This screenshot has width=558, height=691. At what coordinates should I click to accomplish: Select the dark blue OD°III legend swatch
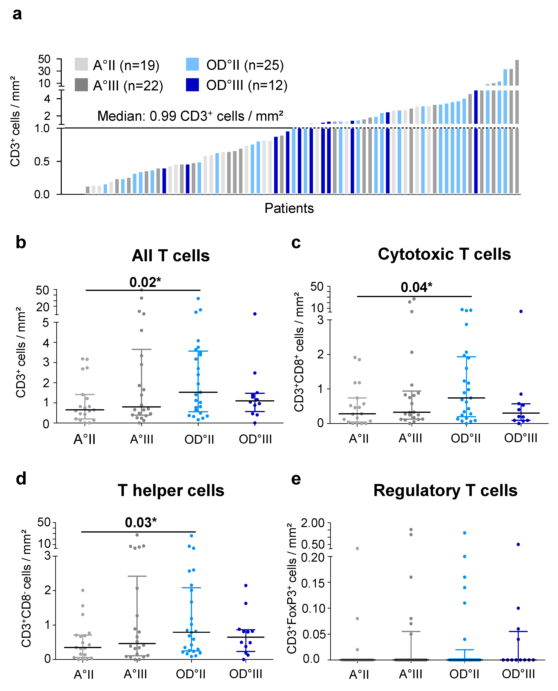tap(192, 85)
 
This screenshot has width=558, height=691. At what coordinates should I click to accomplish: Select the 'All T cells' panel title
tap(171, 256)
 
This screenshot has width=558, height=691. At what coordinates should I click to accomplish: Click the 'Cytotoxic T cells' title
tap(444, 254)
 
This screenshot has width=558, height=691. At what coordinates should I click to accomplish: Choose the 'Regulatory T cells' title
tap(445, 491)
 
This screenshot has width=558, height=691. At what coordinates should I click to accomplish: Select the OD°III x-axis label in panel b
tap(255, 439)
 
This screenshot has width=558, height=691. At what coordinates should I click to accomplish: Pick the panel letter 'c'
tap(296, 243)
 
